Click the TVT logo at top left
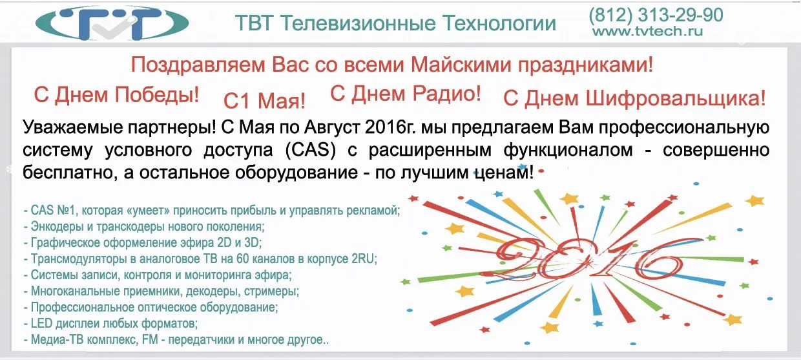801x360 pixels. (112, 23)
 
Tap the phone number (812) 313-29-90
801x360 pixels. (656, 15)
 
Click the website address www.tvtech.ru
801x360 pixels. (648, 31)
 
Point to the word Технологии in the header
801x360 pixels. (499, 24)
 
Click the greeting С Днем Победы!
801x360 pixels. (116, 95)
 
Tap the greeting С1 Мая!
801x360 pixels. (265, 101)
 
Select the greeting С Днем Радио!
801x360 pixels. (406, 94)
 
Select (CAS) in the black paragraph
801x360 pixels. (311, 150)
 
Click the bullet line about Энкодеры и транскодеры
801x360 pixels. (144, 226)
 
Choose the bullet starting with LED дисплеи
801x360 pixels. (110, 324)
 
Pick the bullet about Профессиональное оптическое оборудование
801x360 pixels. (151, 308)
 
